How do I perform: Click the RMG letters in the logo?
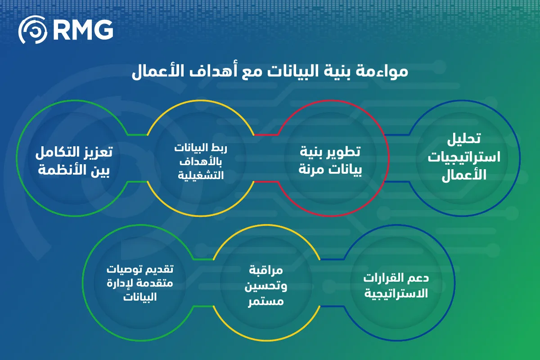coord(83,30)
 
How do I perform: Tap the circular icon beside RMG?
coord(33,30)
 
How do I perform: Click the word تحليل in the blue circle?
coord(464,139)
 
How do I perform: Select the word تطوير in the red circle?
coord(345,152)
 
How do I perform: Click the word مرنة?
coord(310,169)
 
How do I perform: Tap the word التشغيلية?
coord(201,175)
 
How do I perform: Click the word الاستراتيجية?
coord(396,294)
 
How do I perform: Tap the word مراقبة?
coord(266,270)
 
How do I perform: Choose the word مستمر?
coord(266,301)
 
